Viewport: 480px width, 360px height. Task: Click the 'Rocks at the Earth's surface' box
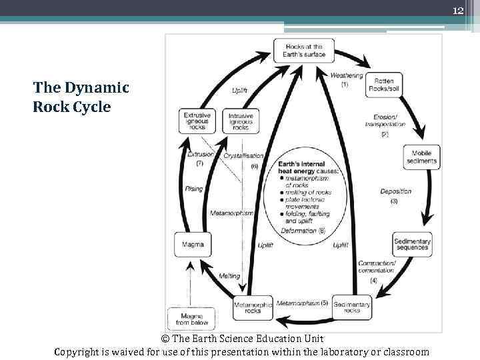coord(303,51)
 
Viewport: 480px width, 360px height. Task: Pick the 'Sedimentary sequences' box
coord(412,244)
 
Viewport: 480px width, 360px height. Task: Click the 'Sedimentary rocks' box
coord(351,307)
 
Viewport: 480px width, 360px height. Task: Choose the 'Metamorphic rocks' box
coord(253,307)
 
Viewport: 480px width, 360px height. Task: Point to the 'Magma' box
coord(193,245)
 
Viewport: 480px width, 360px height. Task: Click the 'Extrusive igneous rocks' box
coord(197,121)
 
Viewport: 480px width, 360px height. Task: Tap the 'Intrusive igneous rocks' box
coord(241,121)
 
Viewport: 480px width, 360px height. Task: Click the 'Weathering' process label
coord(347,75)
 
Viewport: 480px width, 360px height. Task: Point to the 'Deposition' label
coord(396,191)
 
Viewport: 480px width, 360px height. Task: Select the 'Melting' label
coord(229,276)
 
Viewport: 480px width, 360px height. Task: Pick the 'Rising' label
coord(194,189)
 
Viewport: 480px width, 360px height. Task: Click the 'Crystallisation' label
coord(243,155)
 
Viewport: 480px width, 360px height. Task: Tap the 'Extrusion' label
coord(200,155)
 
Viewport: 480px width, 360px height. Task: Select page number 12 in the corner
coord(458,10)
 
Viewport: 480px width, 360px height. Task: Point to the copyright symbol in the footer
coord(165,339)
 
